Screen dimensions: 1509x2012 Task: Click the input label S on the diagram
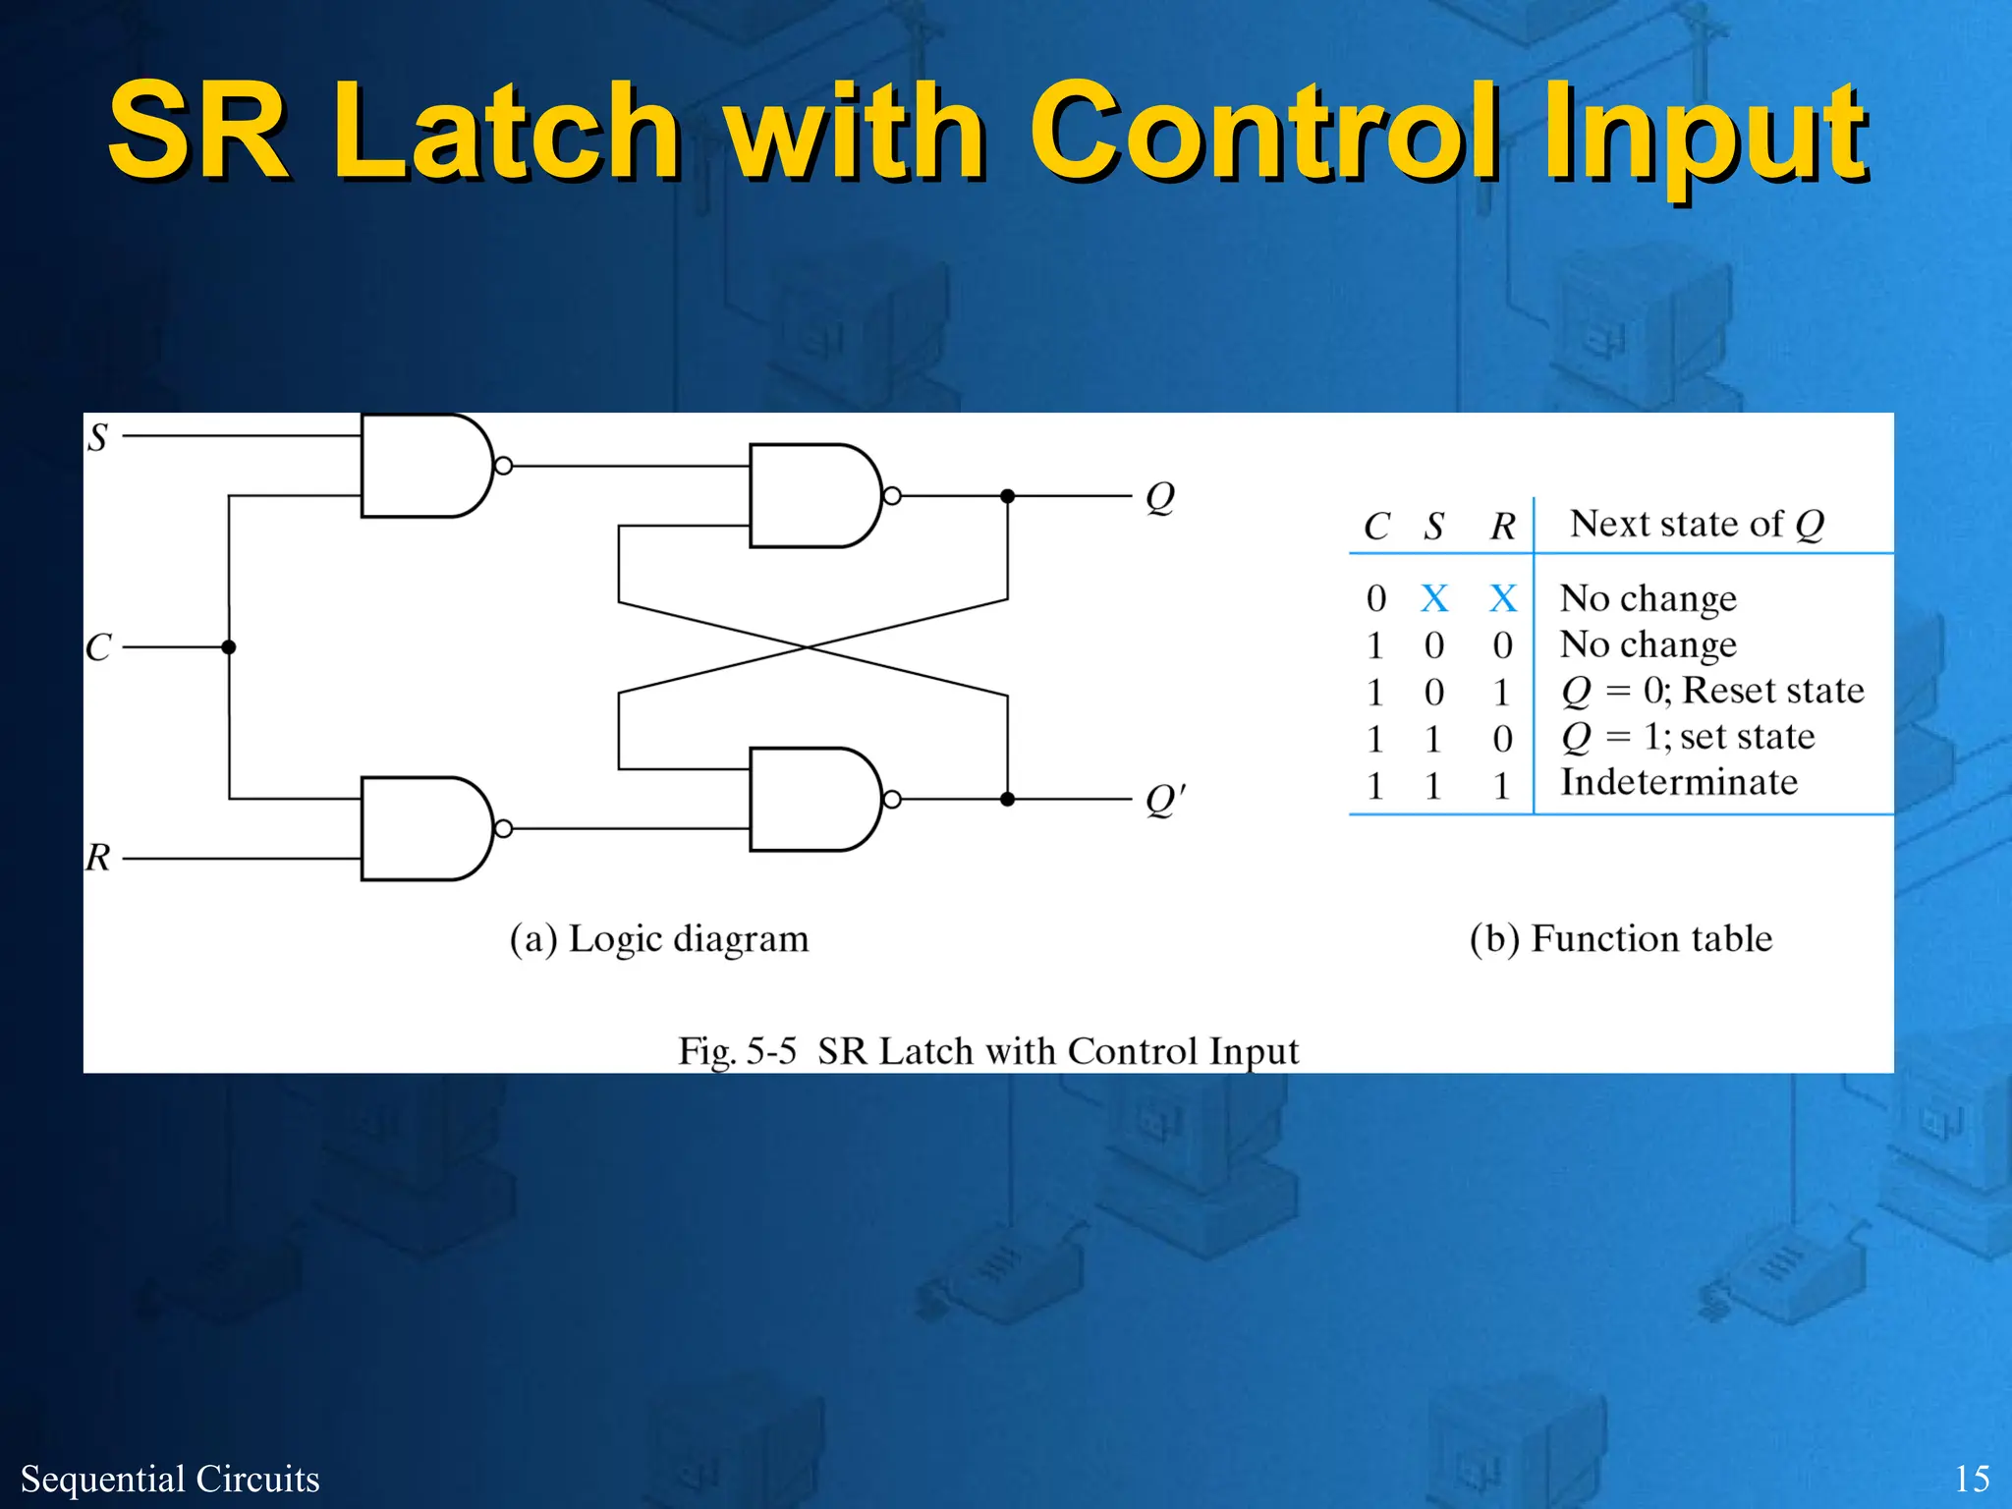(x=97, y=437)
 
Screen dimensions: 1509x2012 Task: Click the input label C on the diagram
(x=98, y=647)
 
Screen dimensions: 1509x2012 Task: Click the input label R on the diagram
(x=97, y=858)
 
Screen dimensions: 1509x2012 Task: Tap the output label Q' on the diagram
(x=1165, y=800)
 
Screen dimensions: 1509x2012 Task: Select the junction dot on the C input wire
(x=229, y=647)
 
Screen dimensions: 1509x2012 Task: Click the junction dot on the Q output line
(x=1007, y=496)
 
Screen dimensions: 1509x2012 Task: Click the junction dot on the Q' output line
(x=1007, y=800)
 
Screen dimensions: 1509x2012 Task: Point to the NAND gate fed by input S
(x=422, y=466)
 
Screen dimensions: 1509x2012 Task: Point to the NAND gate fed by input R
(x=422, y=829)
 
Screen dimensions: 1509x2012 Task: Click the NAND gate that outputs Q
(x=811, y=496)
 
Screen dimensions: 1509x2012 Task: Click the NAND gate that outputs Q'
(x=811, y=800)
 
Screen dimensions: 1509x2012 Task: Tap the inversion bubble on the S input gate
(x=503, y=466)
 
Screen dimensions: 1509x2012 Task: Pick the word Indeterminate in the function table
(x=1679, y=783)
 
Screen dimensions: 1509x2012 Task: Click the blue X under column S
(x=1434, y=598)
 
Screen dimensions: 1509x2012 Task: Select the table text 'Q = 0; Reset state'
(x=1712, y=691)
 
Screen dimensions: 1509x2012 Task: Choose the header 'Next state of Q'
(x=1697, y=524)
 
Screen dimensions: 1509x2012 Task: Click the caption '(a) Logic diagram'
(x=659, y=939)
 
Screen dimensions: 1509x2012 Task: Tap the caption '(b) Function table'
(x=1621, y=939)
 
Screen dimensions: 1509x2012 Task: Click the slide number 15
(x=1972, y=1479)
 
